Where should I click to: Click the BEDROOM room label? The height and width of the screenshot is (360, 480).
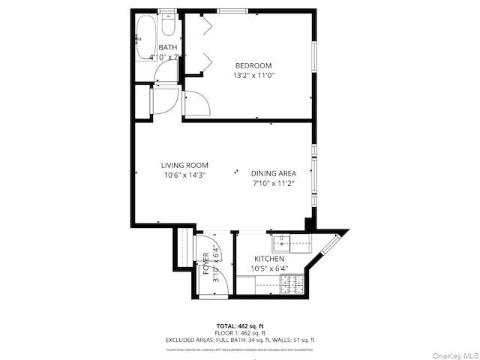point(253,65)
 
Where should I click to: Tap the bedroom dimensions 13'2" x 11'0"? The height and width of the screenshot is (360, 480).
point(253,75)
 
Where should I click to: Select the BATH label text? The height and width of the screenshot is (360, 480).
point(167,48)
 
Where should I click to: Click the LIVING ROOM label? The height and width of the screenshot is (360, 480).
point(184,165)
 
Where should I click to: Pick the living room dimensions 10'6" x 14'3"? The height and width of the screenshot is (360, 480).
point(184,175)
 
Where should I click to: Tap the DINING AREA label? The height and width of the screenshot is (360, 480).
point(273,172)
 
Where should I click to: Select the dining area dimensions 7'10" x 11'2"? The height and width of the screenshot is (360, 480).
point(273,182)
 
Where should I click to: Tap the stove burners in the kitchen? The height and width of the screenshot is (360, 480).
point(290,283)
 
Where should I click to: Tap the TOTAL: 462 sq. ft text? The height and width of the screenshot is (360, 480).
point(240,325)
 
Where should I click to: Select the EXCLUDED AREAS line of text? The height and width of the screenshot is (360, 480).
point(240,340)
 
